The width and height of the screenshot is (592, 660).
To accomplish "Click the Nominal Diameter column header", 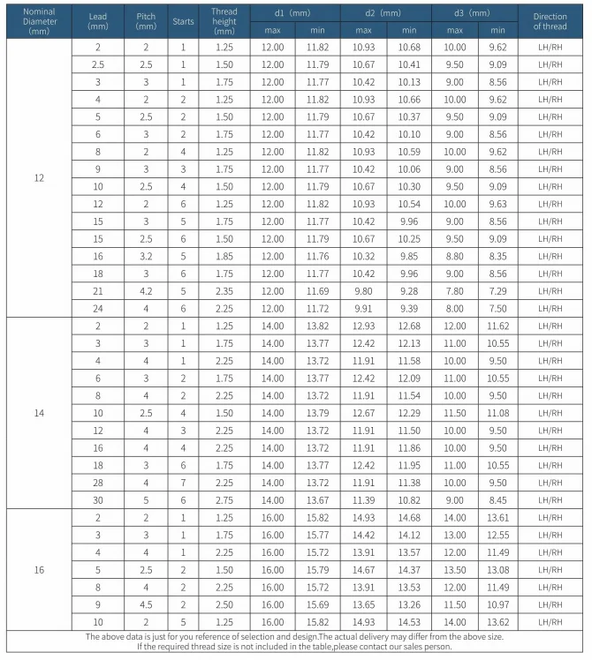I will click(x=38, y=20).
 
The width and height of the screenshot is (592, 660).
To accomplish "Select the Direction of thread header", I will click(x=550, y=20).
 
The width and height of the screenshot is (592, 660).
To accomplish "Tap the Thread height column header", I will click(x=224, y=20).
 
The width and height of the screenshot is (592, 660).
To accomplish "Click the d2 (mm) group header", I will click(x=386, y=13).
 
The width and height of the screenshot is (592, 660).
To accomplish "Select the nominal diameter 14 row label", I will click(x=38, y=413).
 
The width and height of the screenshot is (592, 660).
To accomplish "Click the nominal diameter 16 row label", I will click(x=38, y=569).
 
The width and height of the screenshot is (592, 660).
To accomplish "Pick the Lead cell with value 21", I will click(x=97, y=290).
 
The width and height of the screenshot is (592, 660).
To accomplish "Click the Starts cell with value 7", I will click(x=183, y=483).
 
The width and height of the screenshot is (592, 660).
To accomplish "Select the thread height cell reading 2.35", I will click(x=224, y=290).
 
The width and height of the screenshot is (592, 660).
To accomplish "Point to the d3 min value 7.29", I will click(x=498, y=290).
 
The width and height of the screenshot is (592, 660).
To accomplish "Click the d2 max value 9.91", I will click(x=363, y=308).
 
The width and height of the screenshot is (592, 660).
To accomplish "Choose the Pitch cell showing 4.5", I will click(x=146, y=604).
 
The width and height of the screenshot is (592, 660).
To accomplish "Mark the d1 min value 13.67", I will click(x=318, y=500).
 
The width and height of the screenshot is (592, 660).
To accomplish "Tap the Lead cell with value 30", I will click(x=97, y=500).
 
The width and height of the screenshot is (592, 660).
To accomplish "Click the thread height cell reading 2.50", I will click(x=224, y=604).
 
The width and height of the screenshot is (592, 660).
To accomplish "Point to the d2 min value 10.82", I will click(x=409, y=500).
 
